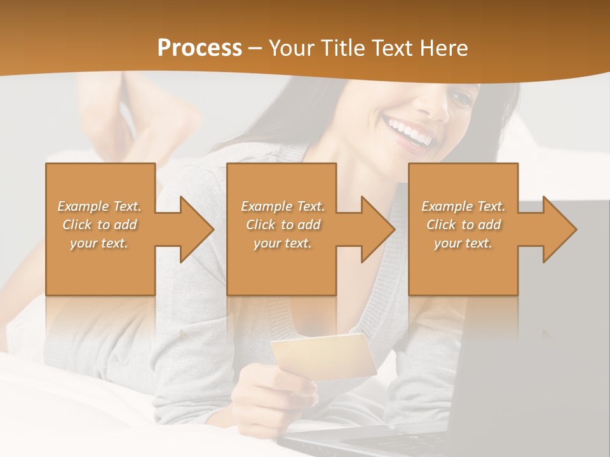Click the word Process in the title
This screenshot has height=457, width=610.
(200, 48)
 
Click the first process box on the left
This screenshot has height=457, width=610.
(100, 267)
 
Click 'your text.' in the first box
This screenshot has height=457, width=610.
(99, 243)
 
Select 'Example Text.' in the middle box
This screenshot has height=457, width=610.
(282, 206)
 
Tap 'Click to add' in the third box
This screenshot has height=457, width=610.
(463, 225)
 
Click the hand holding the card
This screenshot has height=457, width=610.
(280, 394)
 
